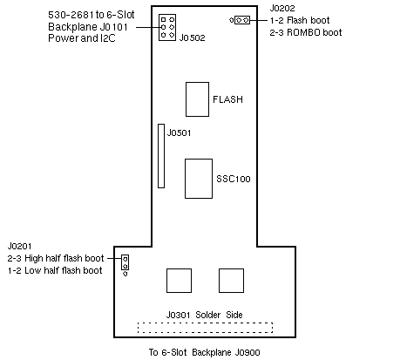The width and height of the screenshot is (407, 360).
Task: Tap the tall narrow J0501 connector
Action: (161, 156)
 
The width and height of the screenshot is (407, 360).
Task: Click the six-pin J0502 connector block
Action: (167, 27)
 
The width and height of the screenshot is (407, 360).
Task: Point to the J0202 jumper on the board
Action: (240, 20)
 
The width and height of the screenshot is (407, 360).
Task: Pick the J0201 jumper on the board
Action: (125, 265)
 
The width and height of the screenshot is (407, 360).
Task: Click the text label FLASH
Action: (227, 99)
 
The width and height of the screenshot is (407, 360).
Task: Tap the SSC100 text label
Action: (234, 179)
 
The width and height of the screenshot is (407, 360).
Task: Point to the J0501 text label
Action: (179, 132)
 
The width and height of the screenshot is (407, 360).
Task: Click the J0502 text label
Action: (192, 37)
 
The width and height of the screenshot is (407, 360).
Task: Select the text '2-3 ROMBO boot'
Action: (306, 32)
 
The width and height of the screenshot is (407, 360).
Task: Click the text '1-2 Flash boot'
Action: (300, 20)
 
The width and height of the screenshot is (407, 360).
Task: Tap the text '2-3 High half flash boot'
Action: (56, 258)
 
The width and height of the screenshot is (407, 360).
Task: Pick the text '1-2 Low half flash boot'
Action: (55, 270)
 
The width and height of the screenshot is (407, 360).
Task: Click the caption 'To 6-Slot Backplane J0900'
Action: (205, 352)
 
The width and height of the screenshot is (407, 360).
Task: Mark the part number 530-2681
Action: (71, 15)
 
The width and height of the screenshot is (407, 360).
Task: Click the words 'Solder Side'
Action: (219, 315)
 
